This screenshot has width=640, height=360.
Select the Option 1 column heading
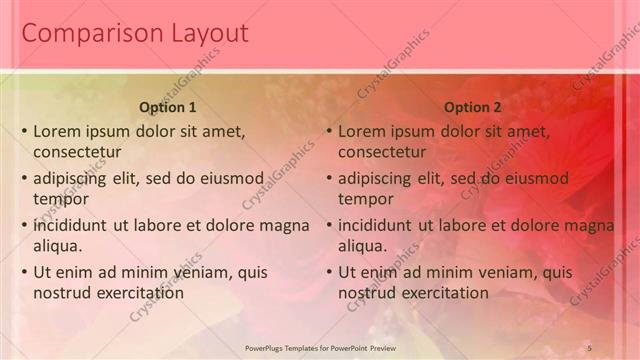[x=168, y=107]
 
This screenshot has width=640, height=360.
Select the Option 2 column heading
[x=472, y=107]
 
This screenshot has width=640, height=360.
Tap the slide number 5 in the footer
[x=590, y=347]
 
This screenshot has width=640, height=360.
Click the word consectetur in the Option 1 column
[x=77, y=152]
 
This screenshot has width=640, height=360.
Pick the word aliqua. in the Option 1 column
[x=58, y=246]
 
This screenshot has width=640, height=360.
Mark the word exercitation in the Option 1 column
[x=139, y=293]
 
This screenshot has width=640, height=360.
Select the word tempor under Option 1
[x=59, y=199]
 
